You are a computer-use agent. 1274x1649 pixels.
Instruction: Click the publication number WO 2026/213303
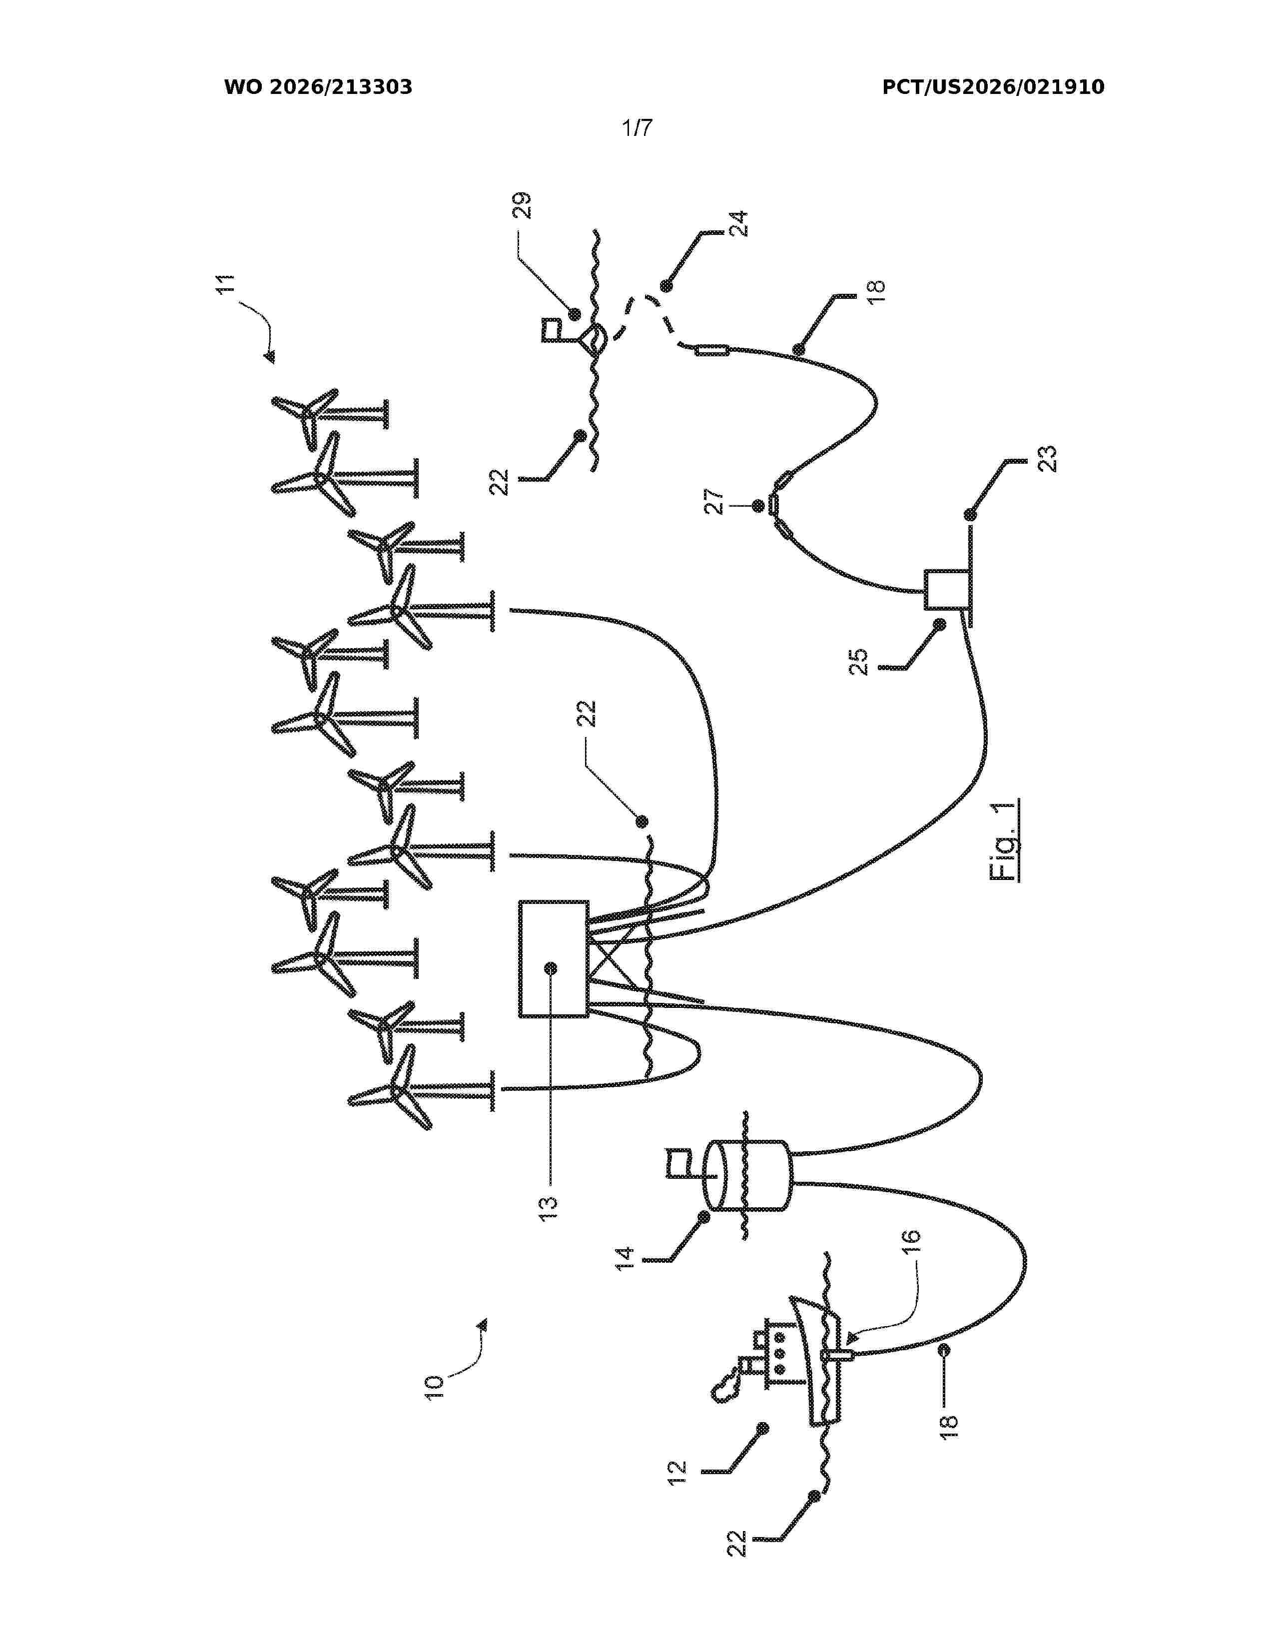(318, 87)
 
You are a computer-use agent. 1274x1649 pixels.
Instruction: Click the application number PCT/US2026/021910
(993, 87)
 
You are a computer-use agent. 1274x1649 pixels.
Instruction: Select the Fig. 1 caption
(1004, 839)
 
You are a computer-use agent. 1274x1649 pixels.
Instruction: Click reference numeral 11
(226, 284)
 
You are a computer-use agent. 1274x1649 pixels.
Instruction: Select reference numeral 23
(1047, 459)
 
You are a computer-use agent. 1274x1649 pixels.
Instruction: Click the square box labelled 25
(946, 590)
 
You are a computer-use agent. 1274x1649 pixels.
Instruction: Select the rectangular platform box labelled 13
(553, 959)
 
